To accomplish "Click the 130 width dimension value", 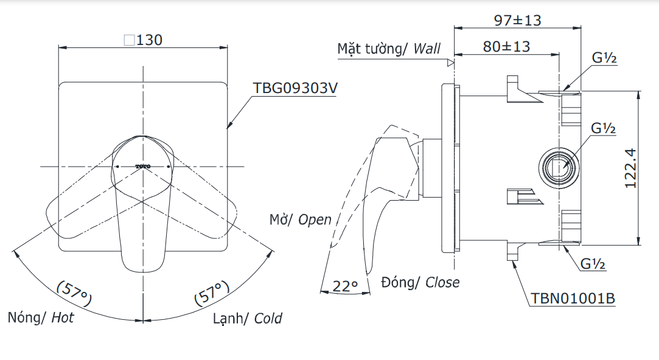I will coord(150,40).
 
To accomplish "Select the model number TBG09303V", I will coord(295,88).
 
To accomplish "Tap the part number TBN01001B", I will coord(573,299).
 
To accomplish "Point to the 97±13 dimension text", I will coord(517,20).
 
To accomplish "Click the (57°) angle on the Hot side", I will coord(74,293).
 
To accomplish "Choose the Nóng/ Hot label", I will coord(41,317).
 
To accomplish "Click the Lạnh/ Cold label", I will coord(247,319).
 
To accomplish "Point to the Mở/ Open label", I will coord(301,220).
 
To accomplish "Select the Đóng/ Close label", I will coord(420,282).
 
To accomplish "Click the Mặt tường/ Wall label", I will coord(389,49).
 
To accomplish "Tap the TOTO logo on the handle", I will coord(142,165).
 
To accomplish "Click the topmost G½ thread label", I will coord(605,59).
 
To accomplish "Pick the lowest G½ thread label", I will coord(593,265).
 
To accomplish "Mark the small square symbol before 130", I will coord(129,40).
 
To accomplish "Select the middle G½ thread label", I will coord(604,129).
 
